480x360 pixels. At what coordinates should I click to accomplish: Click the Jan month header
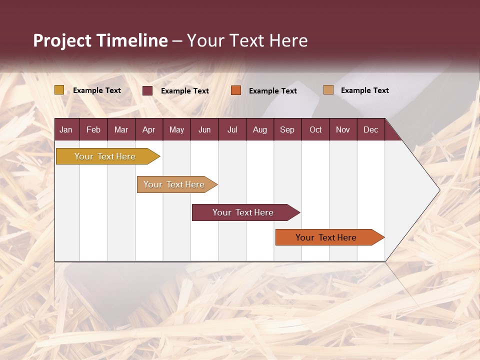point(66,129)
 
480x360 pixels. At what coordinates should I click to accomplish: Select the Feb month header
point(93,129)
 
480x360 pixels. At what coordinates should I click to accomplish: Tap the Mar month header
point(121,129)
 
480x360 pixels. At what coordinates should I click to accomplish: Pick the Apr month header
point(149,129)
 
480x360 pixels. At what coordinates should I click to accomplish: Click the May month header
point(176,129)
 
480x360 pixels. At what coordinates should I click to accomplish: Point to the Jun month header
point(204,129)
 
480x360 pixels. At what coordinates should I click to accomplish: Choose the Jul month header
point(232,129)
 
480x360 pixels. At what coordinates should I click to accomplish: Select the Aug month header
point(260,129)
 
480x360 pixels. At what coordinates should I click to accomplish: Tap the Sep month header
point(287,129)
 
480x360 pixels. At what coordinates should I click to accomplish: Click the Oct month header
point(315,129)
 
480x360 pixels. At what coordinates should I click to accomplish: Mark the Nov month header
point(343,129)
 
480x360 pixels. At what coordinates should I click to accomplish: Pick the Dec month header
point(371,129)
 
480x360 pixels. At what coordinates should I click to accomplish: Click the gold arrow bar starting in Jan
point(105,156)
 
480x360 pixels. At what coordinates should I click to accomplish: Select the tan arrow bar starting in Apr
point(174,184)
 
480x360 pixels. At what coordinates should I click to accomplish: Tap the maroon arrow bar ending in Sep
point(243,212)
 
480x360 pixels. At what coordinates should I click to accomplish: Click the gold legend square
point(59,90)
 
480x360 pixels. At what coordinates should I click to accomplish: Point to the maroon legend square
point(147,90)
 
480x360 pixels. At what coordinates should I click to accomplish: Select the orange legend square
point(236,90)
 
